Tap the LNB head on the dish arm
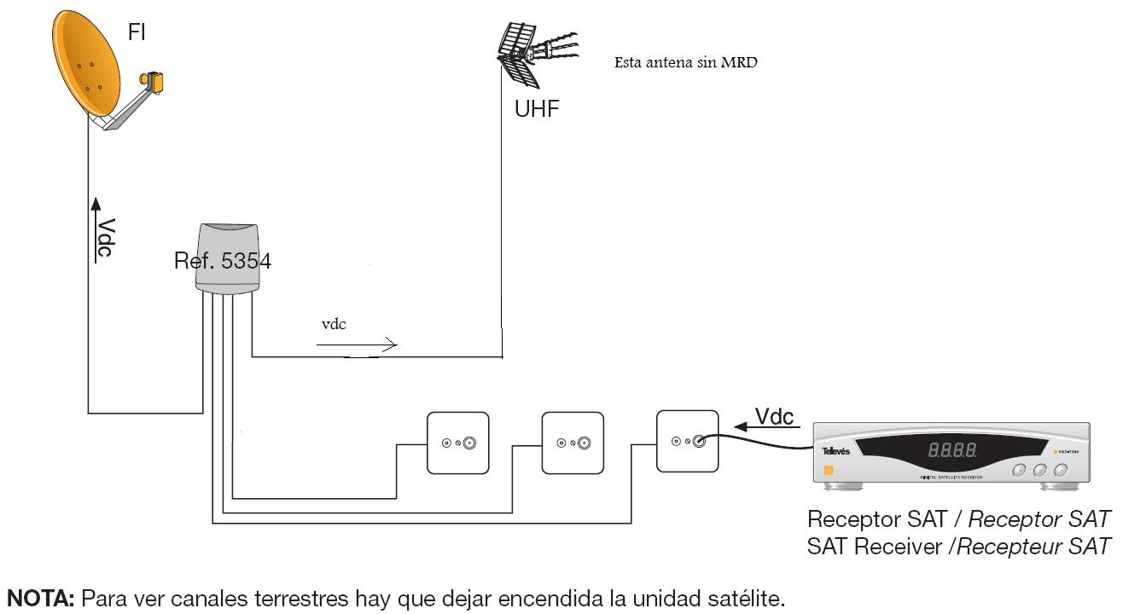(154, 82)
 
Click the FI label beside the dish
(137, 33)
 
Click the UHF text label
(537, 109)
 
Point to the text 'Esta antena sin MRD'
(685, 62)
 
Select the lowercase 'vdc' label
(334, 324)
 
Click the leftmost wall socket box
(459, 443)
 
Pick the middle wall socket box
(573, 443)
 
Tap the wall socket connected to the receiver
(687, 441)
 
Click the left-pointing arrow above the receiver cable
(777, 431)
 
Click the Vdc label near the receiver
(774, 416)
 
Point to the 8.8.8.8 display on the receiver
(952, 449)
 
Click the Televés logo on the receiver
(836, 451)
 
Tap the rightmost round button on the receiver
(1060, 470)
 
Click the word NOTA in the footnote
(40, 598)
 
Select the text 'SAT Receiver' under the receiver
(874, 546)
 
